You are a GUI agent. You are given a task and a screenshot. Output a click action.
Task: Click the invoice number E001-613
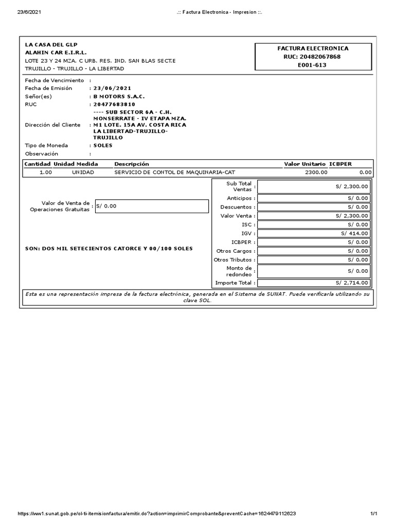(x=312, y=65)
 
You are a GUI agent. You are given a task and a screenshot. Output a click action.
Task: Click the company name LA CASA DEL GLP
(x=51, y=45)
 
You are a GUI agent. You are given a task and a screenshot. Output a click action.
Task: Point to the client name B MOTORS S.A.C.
(x=119, y=96)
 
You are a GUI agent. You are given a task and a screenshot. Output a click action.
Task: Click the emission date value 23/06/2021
(x=112, y=88)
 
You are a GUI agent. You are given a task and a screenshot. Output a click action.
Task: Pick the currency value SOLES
(x=103, y=145)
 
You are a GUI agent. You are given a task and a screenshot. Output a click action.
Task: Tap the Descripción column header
(x=131, y=164)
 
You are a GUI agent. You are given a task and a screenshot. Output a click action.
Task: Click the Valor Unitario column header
(x=304, y=164)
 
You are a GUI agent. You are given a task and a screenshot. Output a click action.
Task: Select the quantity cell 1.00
(x=46, y=173)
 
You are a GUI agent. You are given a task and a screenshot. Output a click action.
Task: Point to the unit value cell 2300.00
(x=316, y=173)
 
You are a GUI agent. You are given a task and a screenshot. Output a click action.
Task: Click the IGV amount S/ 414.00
(x=354, y=233)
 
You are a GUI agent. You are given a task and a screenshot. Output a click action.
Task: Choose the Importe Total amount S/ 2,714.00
(x=352, y=283)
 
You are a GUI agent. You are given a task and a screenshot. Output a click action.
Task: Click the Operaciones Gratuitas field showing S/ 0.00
(x=152, y=206)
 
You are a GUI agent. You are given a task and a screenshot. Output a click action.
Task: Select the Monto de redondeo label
(x=239, y=271)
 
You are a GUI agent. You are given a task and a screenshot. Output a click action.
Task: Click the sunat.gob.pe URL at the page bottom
(x=156, y=514)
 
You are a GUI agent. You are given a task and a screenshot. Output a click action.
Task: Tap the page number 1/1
(x=374, y=514)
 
